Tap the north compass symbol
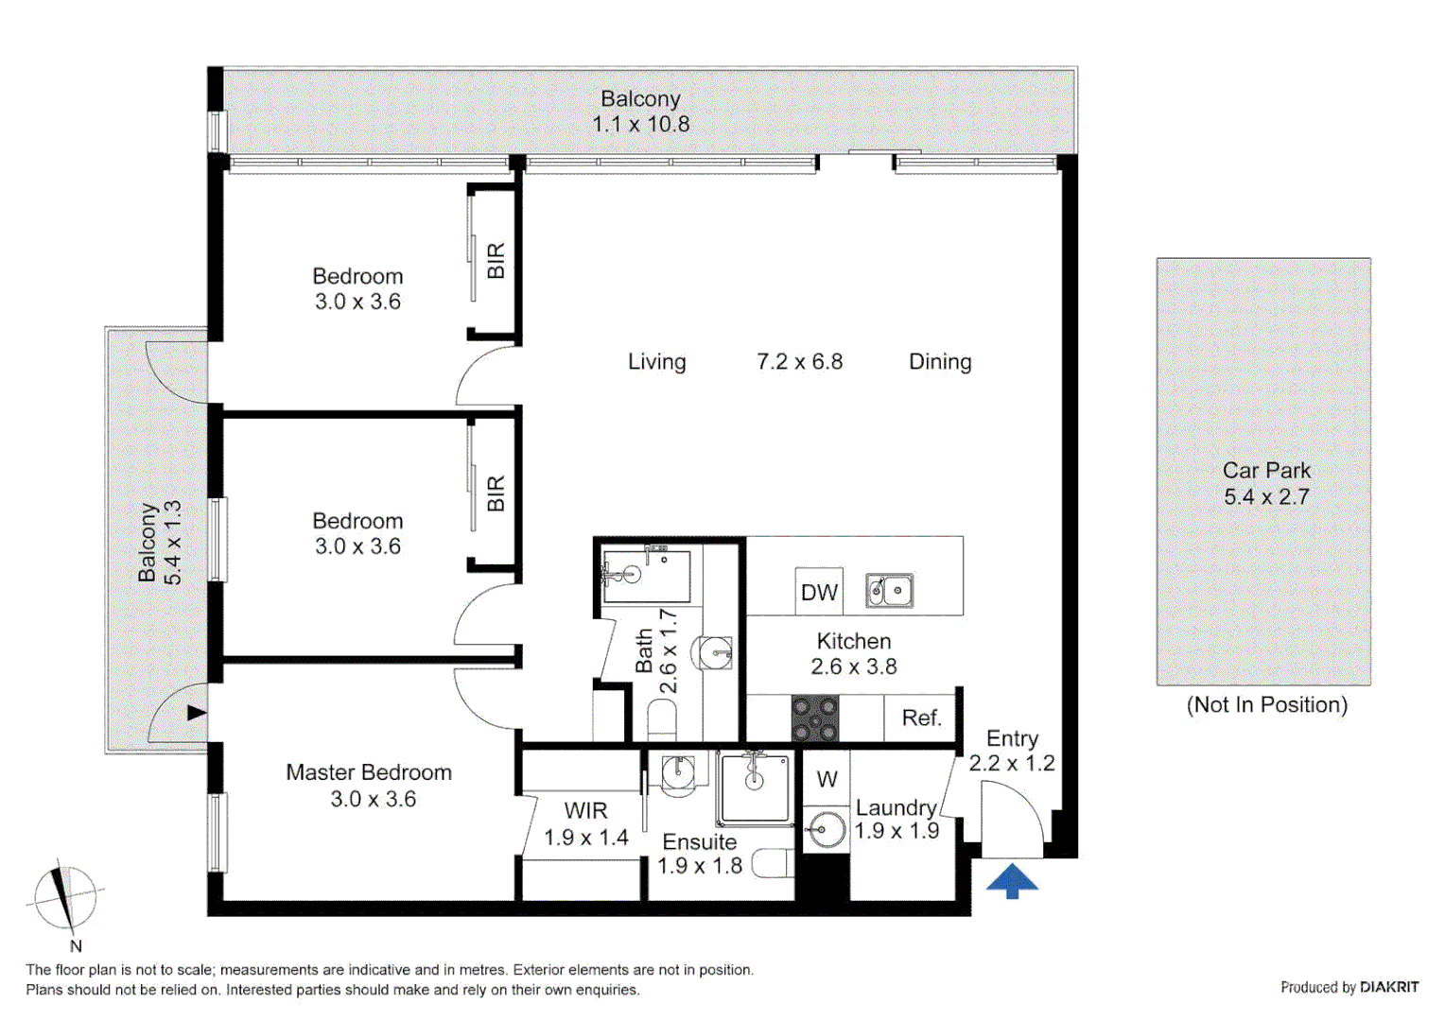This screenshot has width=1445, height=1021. click(x=64, y=896)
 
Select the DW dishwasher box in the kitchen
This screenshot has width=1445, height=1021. click(x=819, y=592)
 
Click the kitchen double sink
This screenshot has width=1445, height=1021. click(x=890, y=591)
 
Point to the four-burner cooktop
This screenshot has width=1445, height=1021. click(x=814, y=718)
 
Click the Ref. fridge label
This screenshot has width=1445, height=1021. click(x=921, y=718)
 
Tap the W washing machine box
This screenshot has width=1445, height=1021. click(x=827, y=779)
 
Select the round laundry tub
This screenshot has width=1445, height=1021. click(x=826, y=831)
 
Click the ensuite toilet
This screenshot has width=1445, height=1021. click(x=773, y=863)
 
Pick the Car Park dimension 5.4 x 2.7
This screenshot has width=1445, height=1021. click(x=1266, y=497)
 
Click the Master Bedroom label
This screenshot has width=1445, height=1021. click(x=369, y=772)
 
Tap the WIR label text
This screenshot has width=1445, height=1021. click(x=585, y=810)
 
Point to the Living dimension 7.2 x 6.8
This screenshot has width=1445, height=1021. click(x=799, y=362)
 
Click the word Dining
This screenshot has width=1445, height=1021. click(x=940, y=362)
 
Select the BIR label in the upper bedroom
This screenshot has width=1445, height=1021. click(x=496, y=261)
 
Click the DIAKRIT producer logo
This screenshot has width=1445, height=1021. click(x=1388, y=987)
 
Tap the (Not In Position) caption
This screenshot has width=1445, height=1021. click(x=1266, y=705)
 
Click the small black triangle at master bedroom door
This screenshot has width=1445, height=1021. click(x=196, y=713)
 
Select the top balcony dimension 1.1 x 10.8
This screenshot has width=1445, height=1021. click(x=640, y=124)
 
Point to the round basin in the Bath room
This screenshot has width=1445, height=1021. click(x=716, y=652)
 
